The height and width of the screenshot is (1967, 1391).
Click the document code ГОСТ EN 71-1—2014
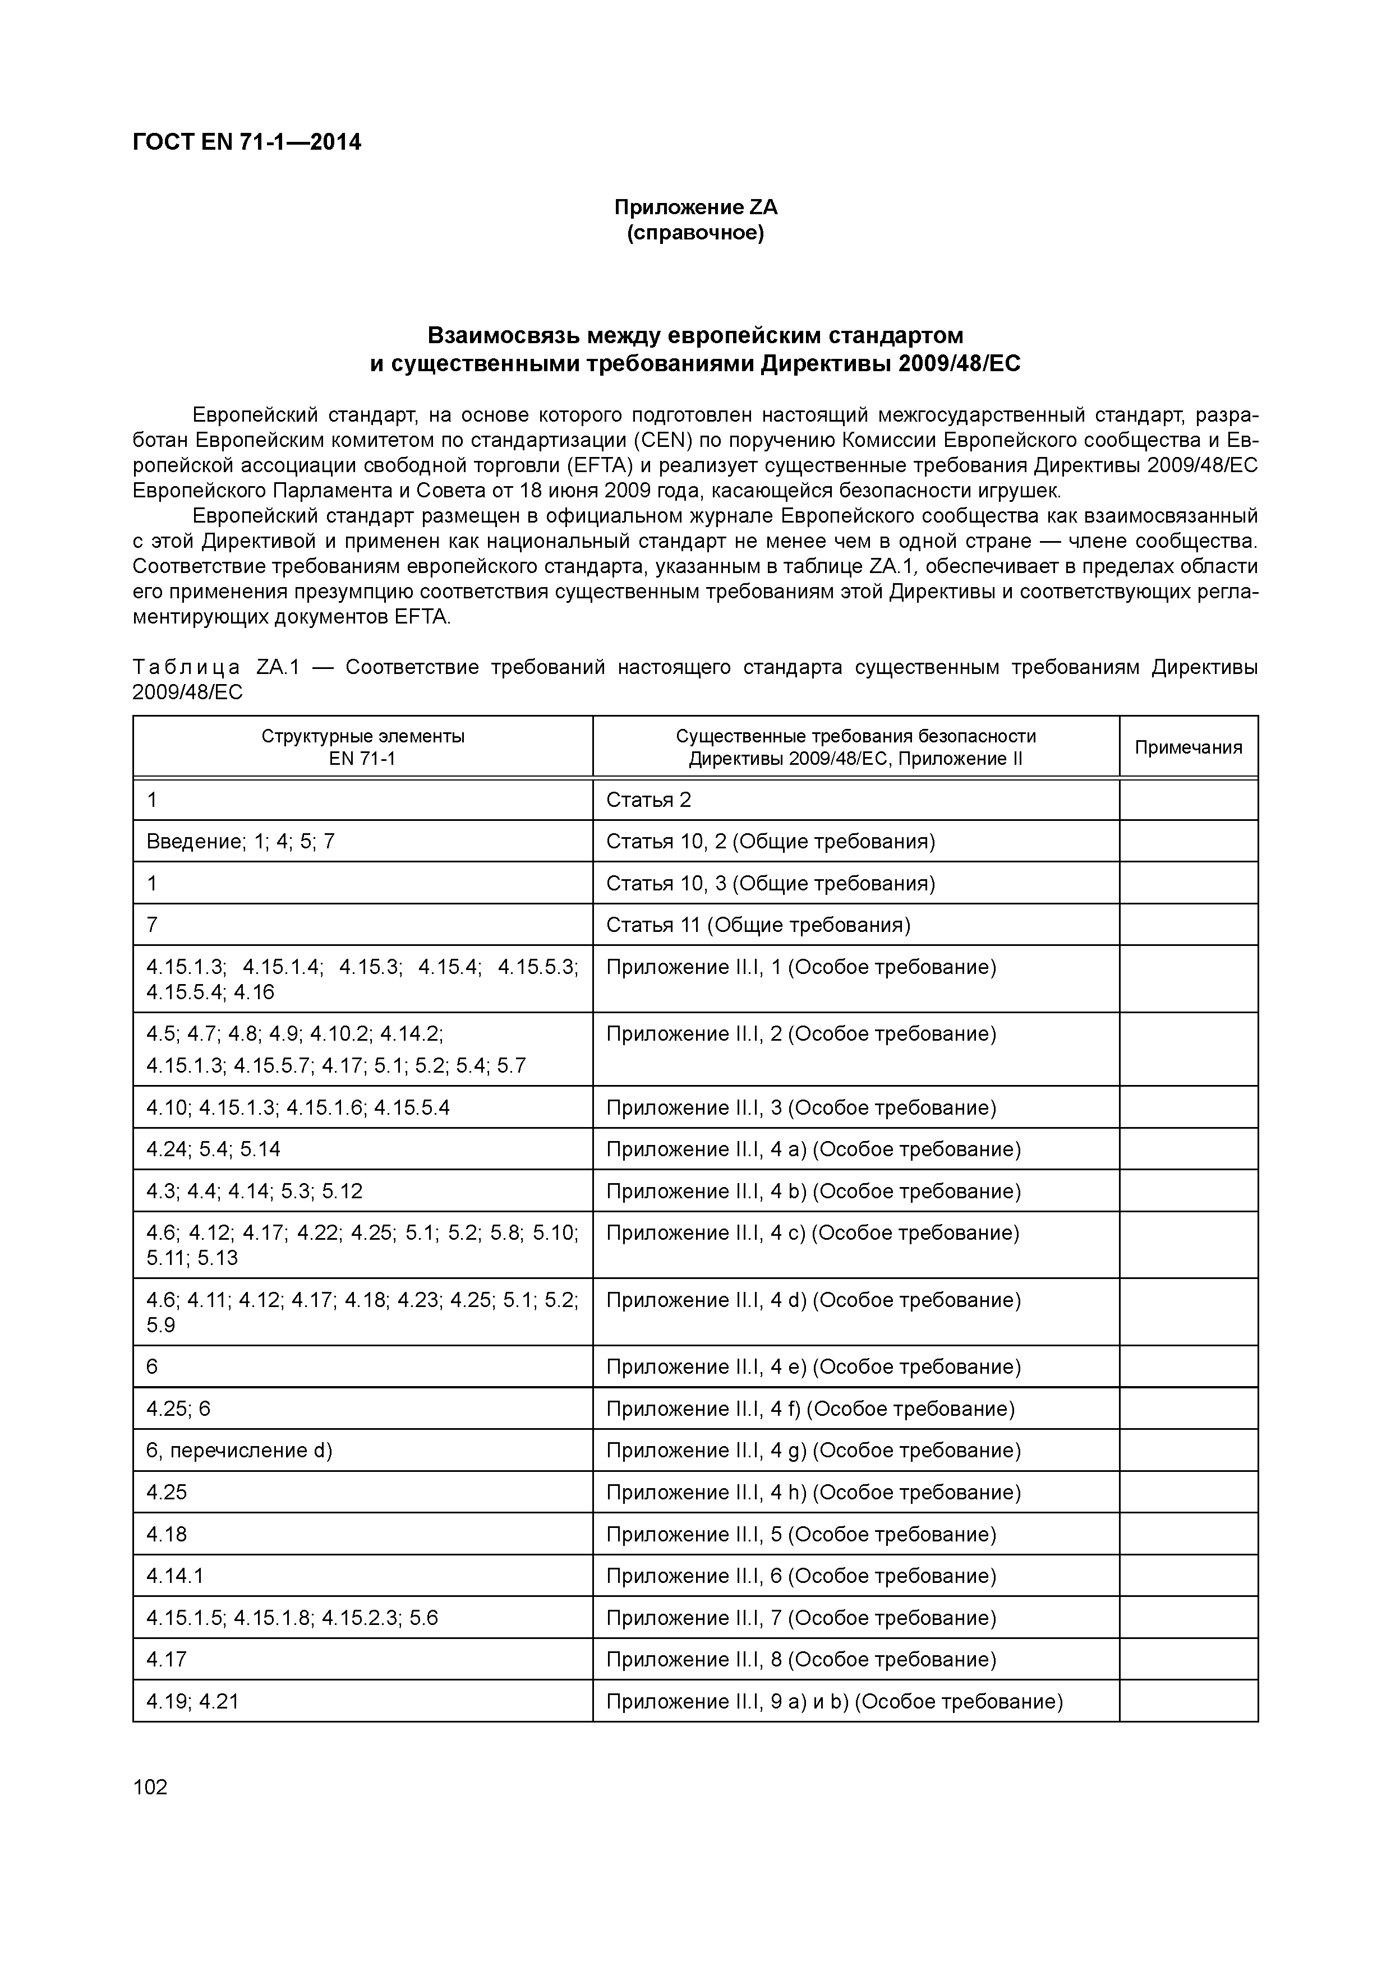247,142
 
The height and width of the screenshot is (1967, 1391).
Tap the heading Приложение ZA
695,207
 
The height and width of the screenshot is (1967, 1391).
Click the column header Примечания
1188,747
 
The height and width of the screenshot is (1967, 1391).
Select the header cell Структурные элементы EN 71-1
362,747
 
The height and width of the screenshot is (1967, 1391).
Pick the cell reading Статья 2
649,800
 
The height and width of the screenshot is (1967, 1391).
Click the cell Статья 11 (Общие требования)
758,925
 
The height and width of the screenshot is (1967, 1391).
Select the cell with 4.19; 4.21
192,1701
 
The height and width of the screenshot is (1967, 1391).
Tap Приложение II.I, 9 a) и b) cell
834,1701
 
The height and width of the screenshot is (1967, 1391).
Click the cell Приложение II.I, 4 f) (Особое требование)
810,1409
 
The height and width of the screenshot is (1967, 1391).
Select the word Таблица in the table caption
186,667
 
